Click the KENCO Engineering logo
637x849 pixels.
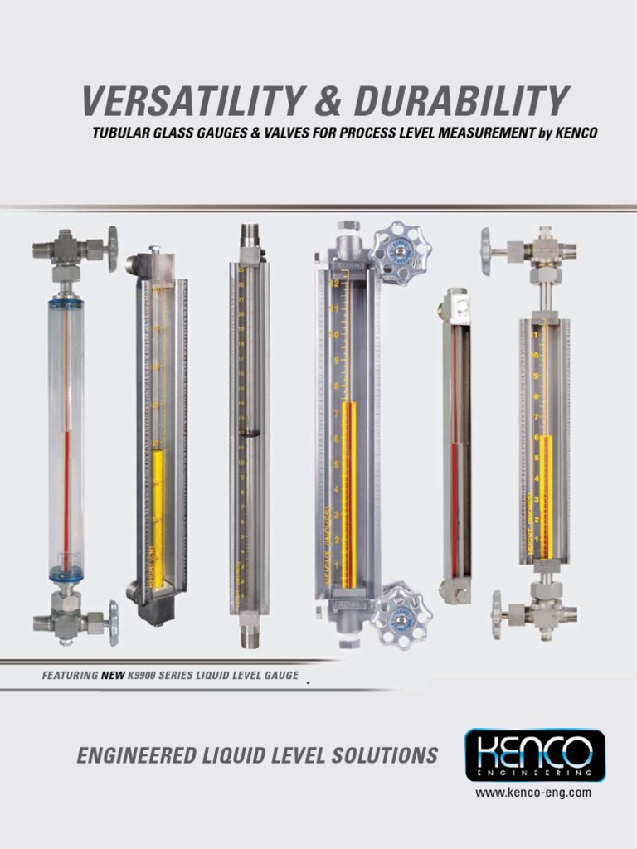534,754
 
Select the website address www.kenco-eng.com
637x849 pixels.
533,793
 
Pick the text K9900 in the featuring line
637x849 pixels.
143,677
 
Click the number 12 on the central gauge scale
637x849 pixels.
335,284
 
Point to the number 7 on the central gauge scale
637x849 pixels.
336,413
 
